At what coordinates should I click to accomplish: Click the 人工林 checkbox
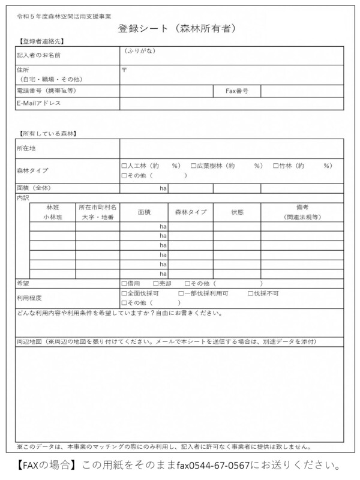[124, 166]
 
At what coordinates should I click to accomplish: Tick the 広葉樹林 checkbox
[193, 166]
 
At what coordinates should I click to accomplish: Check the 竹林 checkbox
[275, 166]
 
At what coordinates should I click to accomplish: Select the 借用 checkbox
[124, 283]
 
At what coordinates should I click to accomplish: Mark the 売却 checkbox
[155, 283]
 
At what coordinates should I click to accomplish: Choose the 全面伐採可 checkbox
[124, 293]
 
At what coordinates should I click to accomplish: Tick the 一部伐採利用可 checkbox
[181, 293]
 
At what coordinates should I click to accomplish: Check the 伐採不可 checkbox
[250, 293]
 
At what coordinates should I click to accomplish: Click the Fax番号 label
[237, 91]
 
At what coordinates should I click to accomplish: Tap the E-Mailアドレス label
[40, 103]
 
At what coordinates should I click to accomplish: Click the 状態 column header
[237, 212]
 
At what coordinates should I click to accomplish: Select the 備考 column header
[302, 207]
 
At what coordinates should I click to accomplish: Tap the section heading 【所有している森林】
[47, 133]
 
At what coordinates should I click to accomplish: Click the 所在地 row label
[26, 148]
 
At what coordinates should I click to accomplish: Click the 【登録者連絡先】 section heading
[42, 41]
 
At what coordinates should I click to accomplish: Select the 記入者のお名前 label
[38, 55]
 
